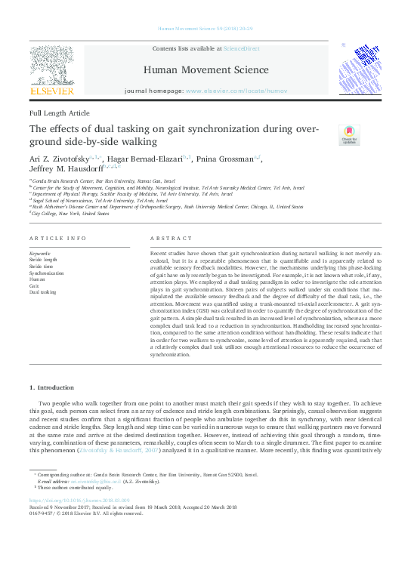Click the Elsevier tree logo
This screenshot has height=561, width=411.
(x=51, y=69)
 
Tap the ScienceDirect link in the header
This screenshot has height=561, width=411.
(x=243, y=48)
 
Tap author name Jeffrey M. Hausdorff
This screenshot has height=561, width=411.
(x=66, y=170)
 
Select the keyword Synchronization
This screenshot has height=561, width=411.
(x=47, y=273)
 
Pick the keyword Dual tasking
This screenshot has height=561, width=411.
(x=42, y=291)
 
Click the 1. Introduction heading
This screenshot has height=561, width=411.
(x=55, y=387)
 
